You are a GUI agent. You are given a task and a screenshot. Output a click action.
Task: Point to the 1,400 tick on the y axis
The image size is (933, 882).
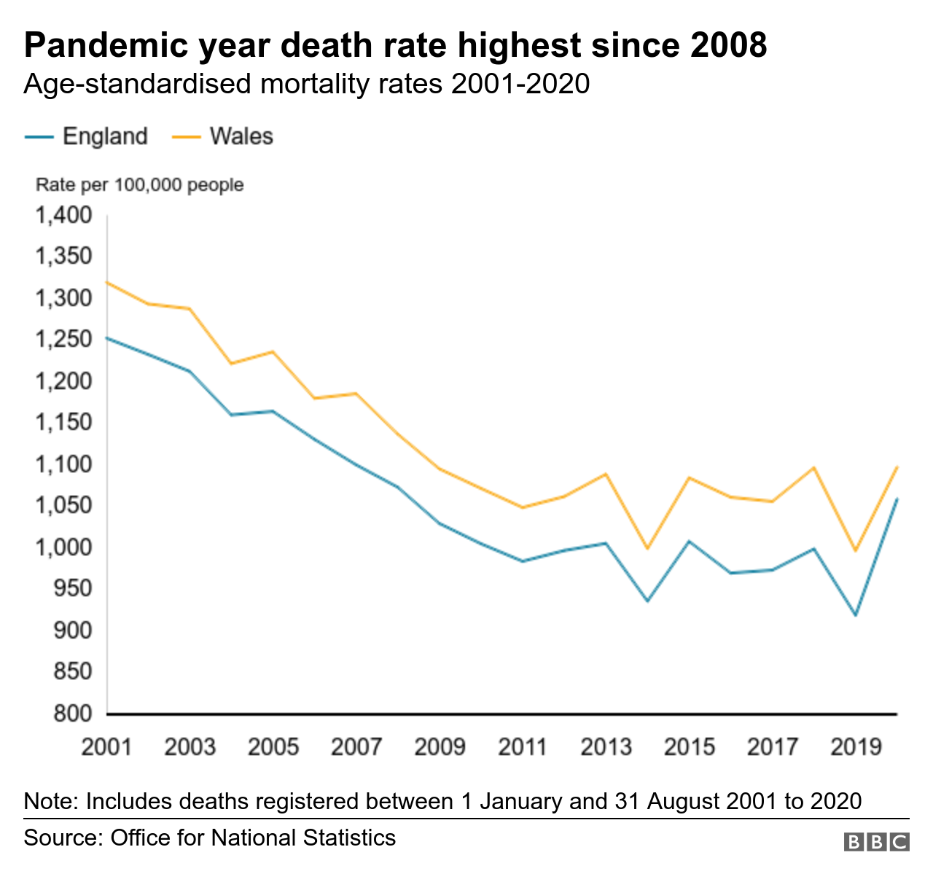64,215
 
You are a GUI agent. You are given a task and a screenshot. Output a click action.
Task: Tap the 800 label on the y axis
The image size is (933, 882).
73,713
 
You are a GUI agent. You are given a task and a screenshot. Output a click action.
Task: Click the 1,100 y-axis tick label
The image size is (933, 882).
64,464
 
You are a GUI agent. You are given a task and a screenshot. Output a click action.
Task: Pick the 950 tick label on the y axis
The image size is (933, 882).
73,588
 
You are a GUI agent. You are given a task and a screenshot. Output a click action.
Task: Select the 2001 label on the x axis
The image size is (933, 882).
106,747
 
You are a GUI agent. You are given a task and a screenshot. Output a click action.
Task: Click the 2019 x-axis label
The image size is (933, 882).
856,747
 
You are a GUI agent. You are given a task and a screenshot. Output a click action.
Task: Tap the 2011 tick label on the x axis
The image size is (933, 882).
523,747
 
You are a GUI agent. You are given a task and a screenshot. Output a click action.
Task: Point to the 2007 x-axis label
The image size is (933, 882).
356,747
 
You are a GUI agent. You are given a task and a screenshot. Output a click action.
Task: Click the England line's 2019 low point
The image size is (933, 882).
856,615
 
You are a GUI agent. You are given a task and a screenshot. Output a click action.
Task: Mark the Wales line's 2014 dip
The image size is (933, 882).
647,548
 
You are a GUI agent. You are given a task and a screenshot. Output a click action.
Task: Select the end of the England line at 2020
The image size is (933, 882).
897,499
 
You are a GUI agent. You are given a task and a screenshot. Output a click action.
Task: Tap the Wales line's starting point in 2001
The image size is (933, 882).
107,281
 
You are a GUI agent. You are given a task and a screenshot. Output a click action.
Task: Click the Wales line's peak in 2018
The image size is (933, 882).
813,467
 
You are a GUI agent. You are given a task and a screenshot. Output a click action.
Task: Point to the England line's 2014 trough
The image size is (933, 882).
647,601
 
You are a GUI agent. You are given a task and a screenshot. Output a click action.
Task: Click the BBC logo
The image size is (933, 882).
877,842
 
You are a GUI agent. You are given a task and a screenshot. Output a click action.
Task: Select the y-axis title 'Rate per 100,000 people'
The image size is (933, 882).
140,184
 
